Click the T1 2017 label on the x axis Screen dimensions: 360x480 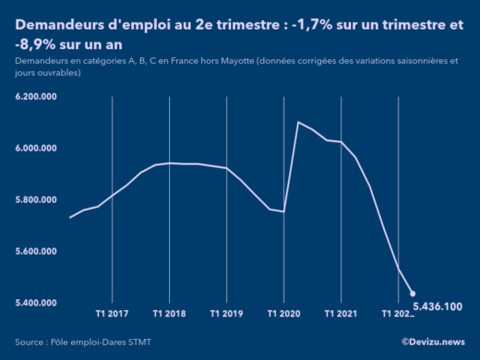(112, 314)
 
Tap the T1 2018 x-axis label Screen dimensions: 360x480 (169, 314)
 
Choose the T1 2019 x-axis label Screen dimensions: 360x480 (226, 314)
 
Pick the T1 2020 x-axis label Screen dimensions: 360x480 (283, 314)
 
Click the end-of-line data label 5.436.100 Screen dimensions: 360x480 (438, 306)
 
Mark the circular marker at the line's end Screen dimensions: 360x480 (413, 294)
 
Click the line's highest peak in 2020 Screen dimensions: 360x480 (297, 122)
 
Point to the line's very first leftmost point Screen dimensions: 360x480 (71, 218)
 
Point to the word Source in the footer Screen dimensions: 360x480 (32, 342)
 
